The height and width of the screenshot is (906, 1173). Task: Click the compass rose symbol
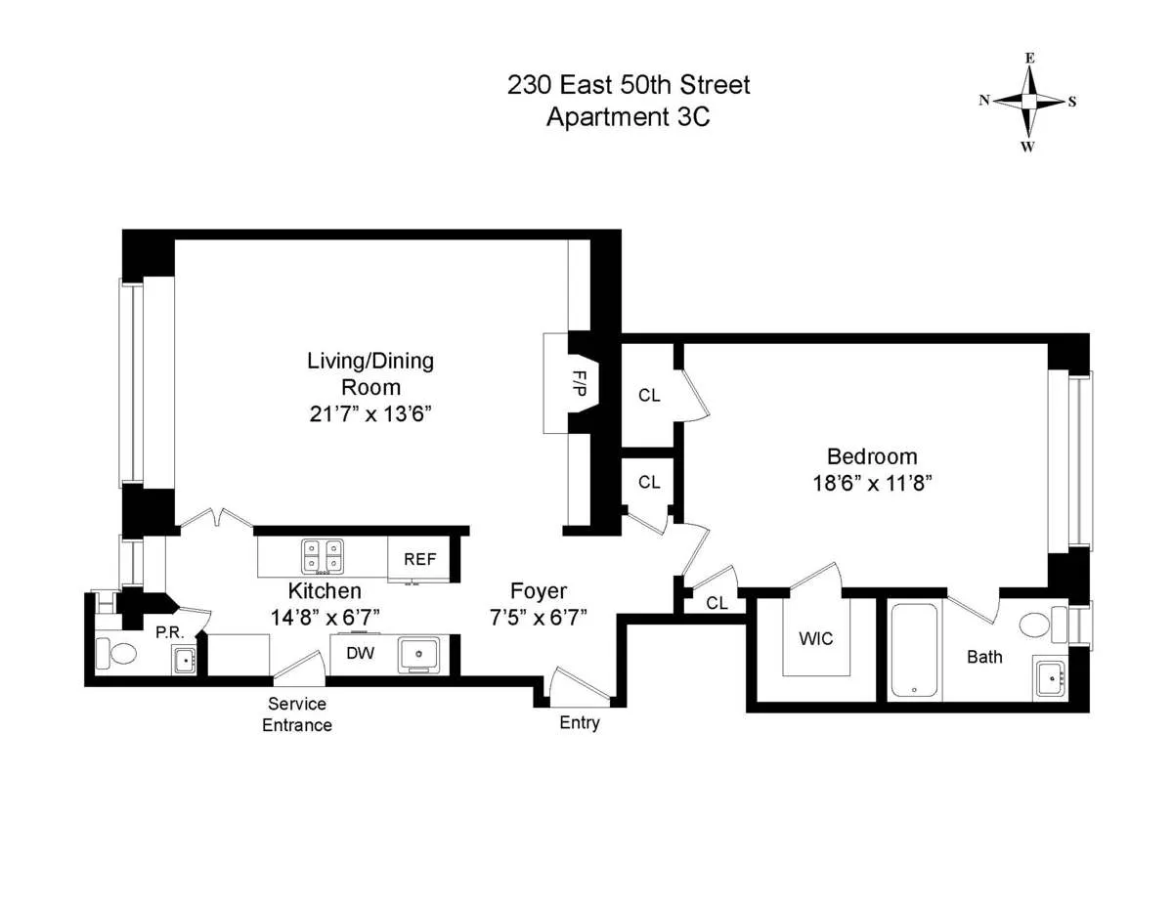coord(1028,102)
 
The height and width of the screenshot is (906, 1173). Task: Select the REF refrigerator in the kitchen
coord(419,560)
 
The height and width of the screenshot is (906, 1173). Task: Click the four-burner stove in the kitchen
coord(323,556)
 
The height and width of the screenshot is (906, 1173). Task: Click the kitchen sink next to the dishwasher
coord(422,655)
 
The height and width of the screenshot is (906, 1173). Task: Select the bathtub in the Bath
coord(915,650)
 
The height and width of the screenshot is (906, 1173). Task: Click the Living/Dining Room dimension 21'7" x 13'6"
coord(369,413)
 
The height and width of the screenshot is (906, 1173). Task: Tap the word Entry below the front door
coord(580,723)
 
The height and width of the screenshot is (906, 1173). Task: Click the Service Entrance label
coord(297,714)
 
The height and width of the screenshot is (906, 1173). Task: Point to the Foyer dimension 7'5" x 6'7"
coord(538,617)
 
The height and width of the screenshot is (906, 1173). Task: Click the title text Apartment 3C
coord(628,117)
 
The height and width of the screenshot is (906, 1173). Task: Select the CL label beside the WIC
coord(717,603)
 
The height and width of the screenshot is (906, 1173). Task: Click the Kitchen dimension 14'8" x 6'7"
coord(325,617)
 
